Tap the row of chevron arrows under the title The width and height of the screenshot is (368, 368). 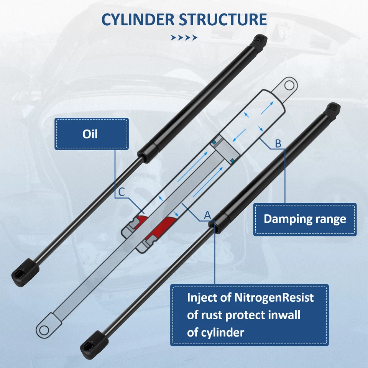[x=184, y=37]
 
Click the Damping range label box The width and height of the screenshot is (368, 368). [x=305, y=219]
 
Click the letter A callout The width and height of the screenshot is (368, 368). [x=207, y=215]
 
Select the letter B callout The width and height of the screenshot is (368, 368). [x=278, y=144]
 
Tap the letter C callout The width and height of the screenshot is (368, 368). [x=121, y=192]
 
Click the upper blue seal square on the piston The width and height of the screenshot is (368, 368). [x=215, y=143]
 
